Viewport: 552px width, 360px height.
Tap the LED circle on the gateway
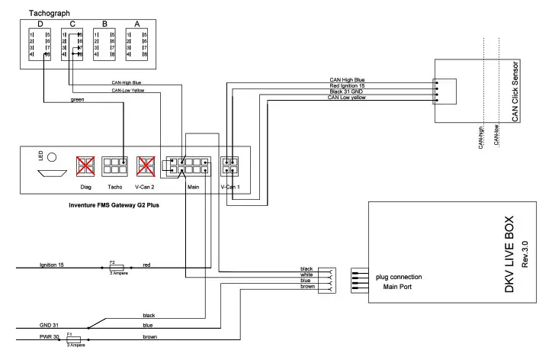pos(53,159)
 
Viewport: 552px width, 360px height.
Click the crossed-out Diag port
pos(85,166)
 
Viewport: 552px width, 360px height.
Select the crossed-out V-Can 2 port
pos(146,166)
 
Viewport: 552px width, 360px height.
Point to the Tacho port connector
pos(116,166)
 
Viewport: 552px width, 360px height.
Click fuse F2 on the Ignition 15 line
pos(117,268)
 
